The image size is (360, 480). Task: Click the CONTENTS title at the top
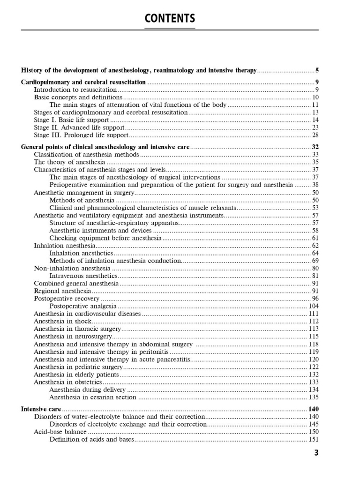click(x=170, y=19)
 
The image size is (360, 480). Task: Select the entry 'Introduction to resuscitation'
click(x=75, y=90)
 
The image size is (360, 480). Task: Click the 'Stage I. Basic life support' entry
click(x=71, y=120)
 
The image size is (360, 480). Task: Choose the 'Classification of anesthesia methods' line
click(x=86, y=155)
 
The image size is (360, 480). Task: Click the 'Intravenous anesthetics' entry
click(x=83, y=276)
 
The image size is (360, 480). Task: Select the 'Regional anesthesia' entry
click(x=62, y=291)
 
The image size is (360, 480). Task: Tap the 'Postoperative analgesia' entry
click(x=83, y=306)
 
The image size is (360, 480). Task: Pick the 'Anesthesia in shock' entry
click(x=62, y=322)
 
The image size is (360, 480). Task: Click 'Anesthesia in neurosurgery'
click(x=73, y=337)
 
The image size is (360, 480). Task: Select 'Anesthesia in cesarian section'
click(x=93, y=397)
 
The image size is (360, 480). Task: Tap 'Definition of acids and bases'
click(x=92, y=439)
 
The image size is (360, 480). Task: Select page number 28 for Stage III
click(x=315, y=135)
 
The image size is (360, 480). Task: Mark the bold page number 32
click(x=315, y=147)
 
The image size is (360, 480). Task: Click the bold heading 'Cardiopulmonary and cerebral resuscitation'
click(x=83, y=82)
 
